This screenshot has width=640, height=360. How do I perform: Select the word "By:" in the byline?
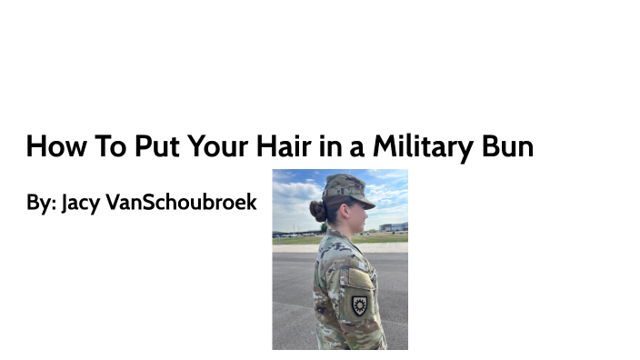(x=42, y=202)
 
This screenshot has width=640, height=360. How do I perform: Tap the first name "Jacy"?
(x=81, y=202)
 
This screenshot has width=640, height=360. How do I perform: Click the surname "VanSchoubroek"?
(x=182, y=202)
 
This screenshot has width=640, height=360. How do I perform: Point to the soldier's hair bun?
(x=317, y=212)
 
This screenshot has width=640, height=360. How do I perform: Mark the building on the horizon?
(x=394, y=226)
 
